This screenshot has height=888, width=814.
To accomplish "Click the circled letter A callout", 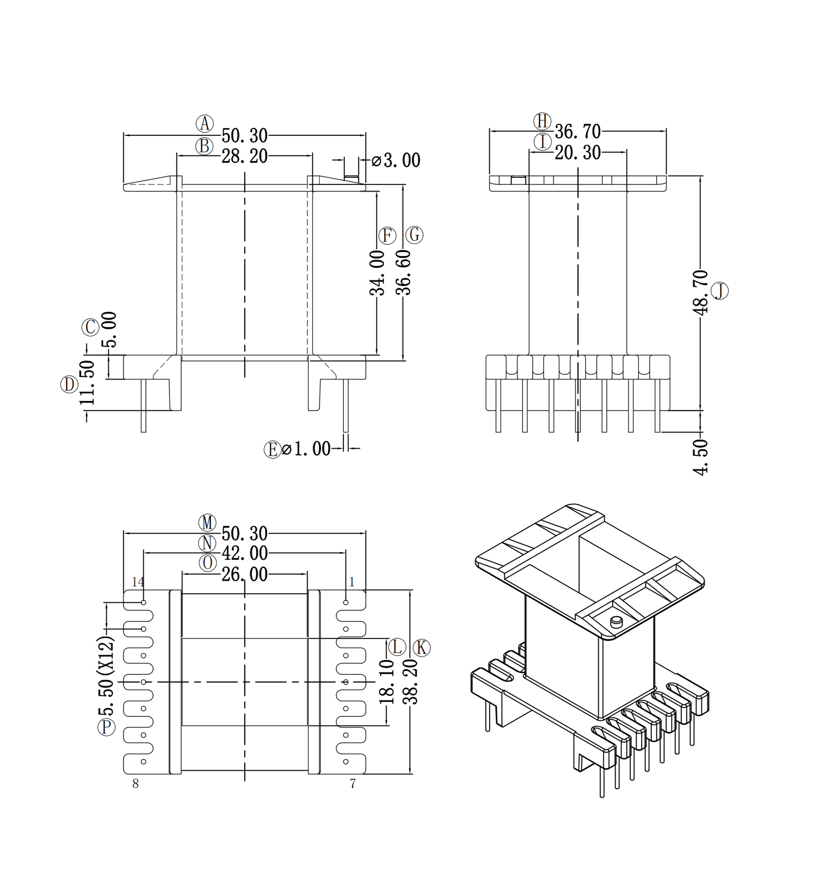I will [205, 124].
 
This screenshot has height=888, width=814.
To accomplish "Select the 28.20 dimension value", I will [245, 157].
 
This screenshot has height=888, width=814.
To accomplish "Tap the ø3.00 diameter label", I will [396, 160].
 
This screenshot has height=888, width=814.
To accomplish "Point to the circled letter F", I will [387, 236].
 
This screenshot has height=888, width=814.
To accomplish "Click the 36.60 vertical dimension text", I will [404, 272].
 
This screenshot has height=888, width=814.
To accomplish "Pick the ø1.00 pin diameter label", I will [306, 449].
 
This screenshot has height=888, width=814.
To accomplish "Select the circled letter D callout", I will [69, 384].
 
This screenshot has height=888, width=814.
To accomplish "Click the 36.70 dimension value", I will [577, 132].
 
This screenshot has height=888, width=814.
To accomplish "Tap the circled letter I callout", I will [543, 142].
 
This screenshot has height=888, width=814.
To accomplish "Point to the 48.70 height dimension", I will [700, 293].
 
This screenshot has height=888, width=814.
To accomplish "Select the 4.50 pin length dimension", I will [700, 457].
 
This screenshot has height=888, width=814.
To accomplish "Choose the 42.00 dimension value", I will [245, 553].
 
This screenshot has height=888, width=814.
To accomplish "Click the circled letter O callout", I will [207, 563].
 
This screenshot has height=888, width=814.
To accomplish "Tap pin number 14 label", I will [138, 582].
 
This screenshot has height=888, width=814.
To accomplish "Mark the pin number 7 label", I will [353, 784].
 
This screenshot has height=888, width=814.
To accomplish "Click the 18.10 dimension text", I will [387, 683].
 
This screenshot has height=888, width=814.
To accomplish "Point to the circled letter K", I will [421, 648].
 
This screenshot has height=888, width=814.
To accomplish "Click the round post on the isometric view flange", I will [616, 622].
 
